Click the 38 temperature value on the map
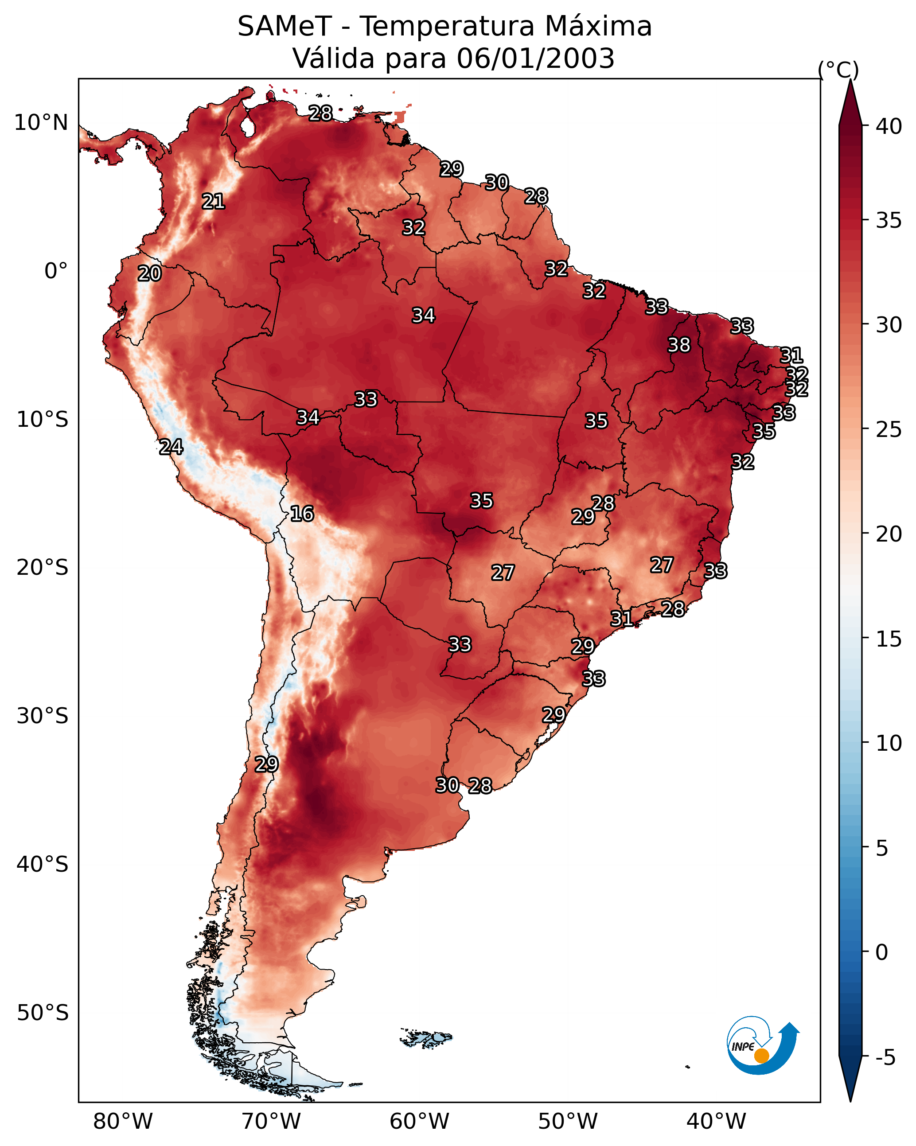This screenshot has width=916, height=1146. [x=679, y=345]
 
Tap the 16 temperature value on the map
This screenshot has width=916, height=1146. [x=302, y=514]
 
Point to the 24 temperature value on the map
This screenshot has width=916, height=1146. [x=171, y=447]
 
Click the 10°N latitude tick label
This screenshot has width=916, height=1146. [x=41, y=123]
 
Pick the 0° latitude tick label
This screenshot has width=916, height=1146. [x=56, y=271]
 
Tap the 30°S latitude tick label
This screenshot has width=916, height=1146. [x=43, y=716]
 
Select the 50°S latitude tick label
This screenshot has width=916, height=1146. [x=43, y=1013]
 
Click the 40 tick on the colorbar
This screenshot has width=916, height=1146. [x=889, y=126]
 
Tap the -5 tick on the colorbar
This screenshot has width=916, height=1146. [x=885, y=1058]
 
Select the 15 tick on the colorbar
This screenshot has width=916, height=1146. [x=889, y=639]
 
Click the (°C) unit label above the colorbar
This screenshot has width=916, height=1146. [x=838, y=70]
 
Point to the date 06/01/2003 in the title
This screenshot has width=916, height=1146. [x=535, y=58]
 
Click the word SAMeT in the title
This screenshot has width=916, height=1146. [x=285, y=26]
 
